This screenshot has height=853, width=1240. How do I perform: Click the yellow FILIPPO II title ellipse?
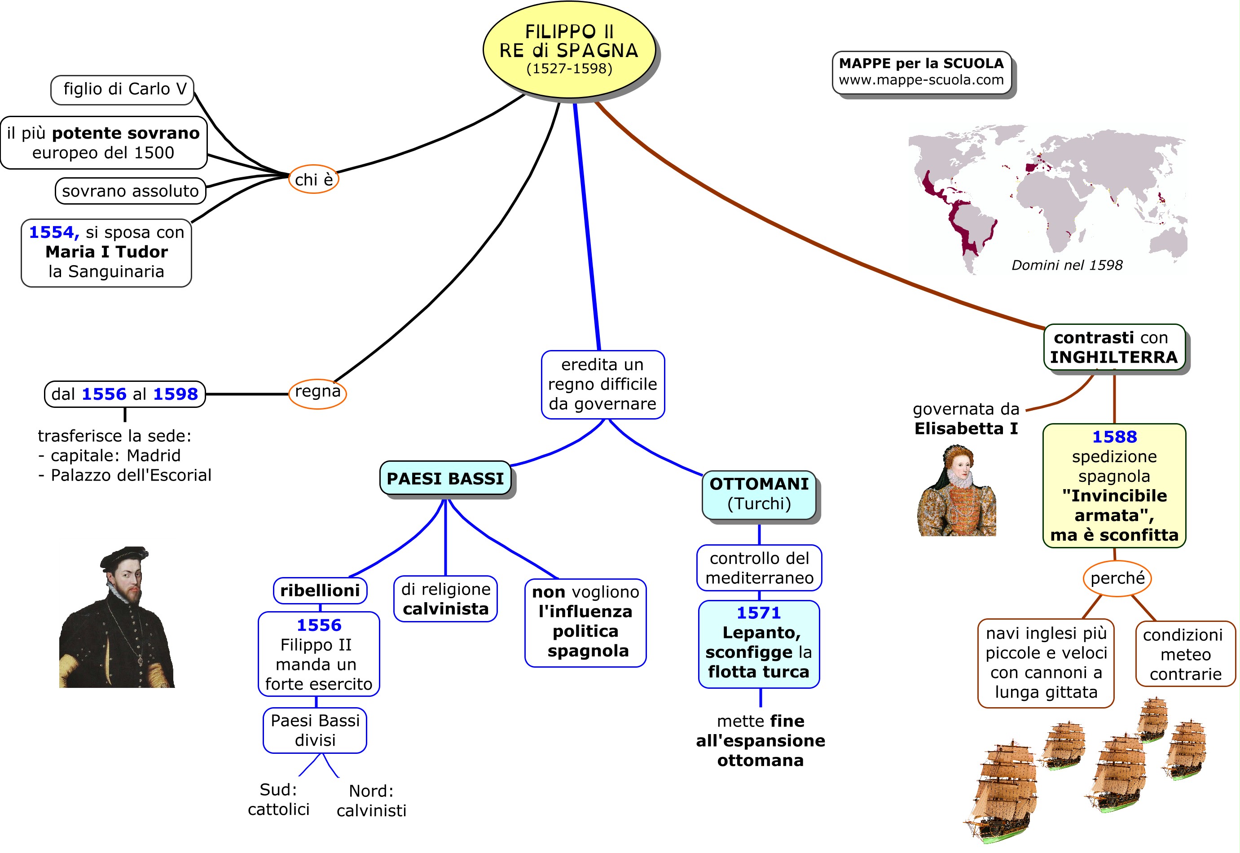[569, 50]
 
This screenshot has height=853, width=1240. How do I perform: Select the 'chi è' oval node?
[314, 179]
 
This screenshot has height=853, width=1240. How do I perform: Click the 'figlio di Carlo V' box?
[123, 89]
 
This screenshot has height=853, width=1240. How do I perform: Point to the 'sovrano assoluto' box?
[131, 191]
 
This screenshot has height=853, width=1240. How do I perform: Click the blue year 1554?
[53, 232]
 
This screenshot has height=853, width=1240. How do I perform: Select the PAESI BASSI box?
[445, 478]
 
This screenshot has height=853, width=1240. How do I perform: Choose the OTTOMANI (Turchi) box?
[759, 494]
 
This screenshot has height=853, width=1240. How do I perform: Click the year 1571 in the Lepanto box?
[759, 613]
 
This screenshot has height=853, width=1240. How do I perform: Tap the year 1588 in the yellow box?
[1114, 437]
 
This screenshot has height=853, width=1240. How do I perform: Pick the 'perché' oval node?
[1117, 578]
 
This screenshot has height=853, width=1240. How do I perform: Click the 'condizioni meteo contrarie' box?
[1186, 654]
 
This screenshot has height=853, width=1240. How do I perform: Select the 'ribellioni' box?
[320, 591]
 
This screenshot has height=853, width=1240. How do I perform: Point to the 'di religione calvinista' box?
[445, 599]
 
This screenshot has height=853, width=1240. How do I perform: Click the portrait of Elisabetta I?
[957, 492]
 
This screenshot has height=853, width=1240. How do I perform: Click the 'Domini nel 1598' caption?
[1067, 265]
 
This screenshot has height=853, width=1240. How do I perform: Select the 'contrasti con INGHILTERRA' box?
[1114, 347]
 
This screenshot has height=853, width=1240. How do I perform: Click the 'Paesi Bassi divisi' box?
[315, 730]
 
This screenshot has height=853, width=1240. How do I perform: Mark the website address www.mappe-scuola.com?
[921, 80]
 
